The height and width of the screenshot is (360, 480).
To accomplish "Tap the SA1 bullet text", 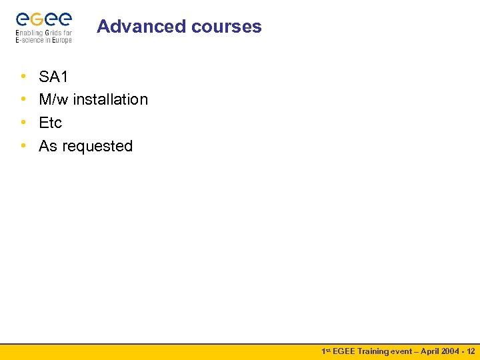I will click(53, 77).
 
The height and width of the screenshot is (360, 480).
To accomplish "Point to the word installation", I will click(110, 100).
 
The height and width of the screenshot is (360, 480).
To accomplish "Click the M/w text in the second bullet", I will click(54, 100).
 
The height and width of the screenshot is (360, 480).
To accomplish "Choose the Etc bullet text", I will click(50, 123).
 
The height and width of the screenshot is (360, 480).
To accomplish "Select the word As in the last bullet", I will click(48, 147).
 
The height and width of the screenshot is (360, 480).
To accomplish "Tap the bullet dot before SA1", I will click(23, 77).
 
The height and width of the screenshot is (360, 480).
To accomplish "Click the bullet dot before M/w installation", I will click(23, 100).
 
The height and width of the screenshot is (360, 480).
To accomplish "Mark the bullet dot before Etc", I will click(23, 123).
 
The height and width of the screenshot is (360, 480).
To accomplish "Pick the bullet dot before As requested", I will click(23, 147).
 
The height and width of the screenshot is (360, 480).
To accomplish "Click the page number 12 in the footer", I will click(471, 351).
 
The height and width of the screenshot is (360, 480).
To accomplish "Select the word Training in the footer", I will click(374, 351).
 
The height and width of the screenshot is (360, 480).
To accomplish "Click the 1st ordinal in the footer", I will click(326, 351).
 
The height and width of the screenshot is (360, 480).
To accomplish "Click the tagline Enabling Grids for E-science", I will click(43, 37).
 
